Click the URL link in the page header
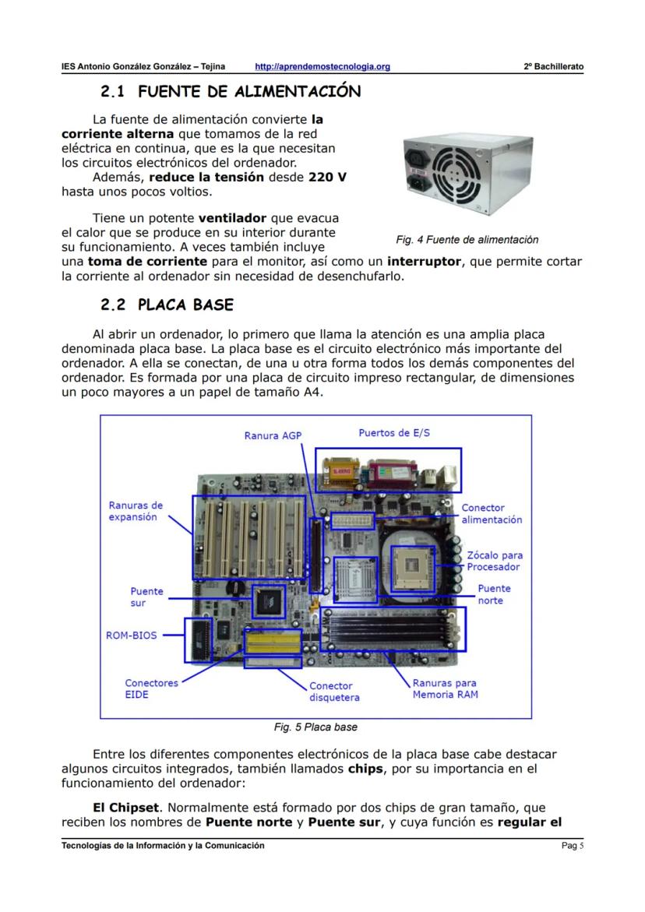pyautogui.click(x=322, y=67)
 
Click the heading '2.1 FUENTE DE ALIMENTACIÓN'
pyautogui.click(x=231, y=92)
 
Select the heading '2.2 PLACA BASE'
pyautogui.click(x=167, y=304)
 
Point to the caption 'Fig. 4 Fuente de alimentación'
pyautogui.click(x=467, y=240)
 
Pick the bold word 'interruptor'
pyautogui.click(x=424, y=262)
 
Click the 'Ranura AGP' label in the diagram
pyautogui.click(x=272, y=436)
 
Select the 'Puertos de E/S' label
pyautogui.click(x=393, y=433)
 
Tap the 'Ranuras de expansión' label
pyautogui.click(x=136, y=511)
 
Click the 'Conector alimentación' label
pyautogui.click(x=492, y=514)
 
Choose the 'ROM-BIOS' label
pyautogui.click(x=131, y=635)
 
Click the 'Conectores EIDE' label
pyautogui.click(x=151, y=688)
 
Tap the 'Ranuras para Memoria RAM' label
pyautogui.click(x=445, y=688)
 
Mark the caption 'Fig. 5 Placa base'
pyautogui.click(x=315, y=727)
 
